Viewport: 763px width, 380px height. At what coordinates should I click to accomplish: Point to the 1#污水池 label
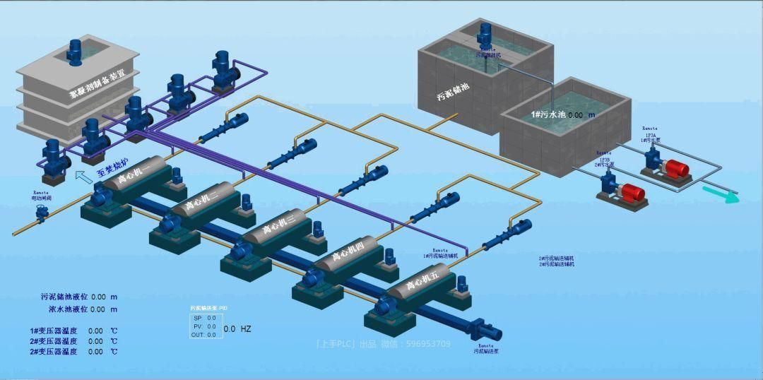coord(548,114)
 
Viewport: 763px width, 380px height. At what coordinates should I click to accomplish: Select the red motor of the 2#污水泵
coord(633,191)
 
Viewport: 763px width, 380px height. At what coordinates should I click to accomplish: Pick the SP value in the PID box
coord(211,318)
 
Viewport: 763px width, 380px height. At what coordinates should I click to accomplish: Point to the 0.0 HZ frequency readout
coord(237,328)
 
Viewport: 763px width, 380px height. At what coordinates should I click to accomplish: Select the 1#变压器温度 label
coord(54,331)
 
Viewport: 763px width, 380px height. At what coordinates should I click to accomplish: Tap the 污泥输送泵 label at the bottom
coord(487,350)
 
